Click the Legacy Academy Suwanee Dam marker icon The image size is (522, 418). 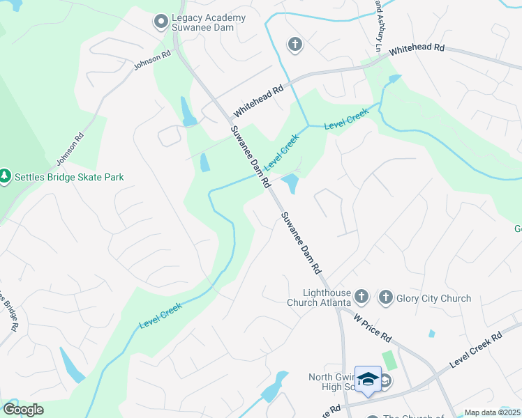tap(161, 22)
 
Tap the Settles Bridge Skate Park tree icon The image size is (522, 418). tap(6, 177)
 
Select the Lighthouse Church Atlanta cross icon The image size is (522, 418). tap(361, 297)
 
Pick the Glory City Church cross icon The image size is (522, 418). tap(385, 298)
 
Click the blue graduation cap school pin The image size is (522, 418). tap(368, 379)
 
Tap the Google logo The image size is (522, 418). tap(23, 410)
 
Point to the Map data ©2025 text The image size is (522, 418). tap(492, 412)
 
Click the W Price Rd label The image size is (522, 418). tap(372, 327)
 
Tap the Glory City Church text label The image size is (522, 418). tap(433, 299)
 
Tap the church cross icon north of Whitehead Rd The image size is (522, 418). tap(294, 45)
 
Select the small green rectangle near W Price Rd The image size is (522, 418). tap(389, 361)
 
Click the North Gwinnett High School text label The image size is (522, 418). tap(332, 382)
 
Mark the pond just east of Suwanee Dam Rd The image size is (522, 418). tap(290, 184)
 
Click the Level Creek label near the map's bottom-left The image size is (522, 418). tap(160, 316)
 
